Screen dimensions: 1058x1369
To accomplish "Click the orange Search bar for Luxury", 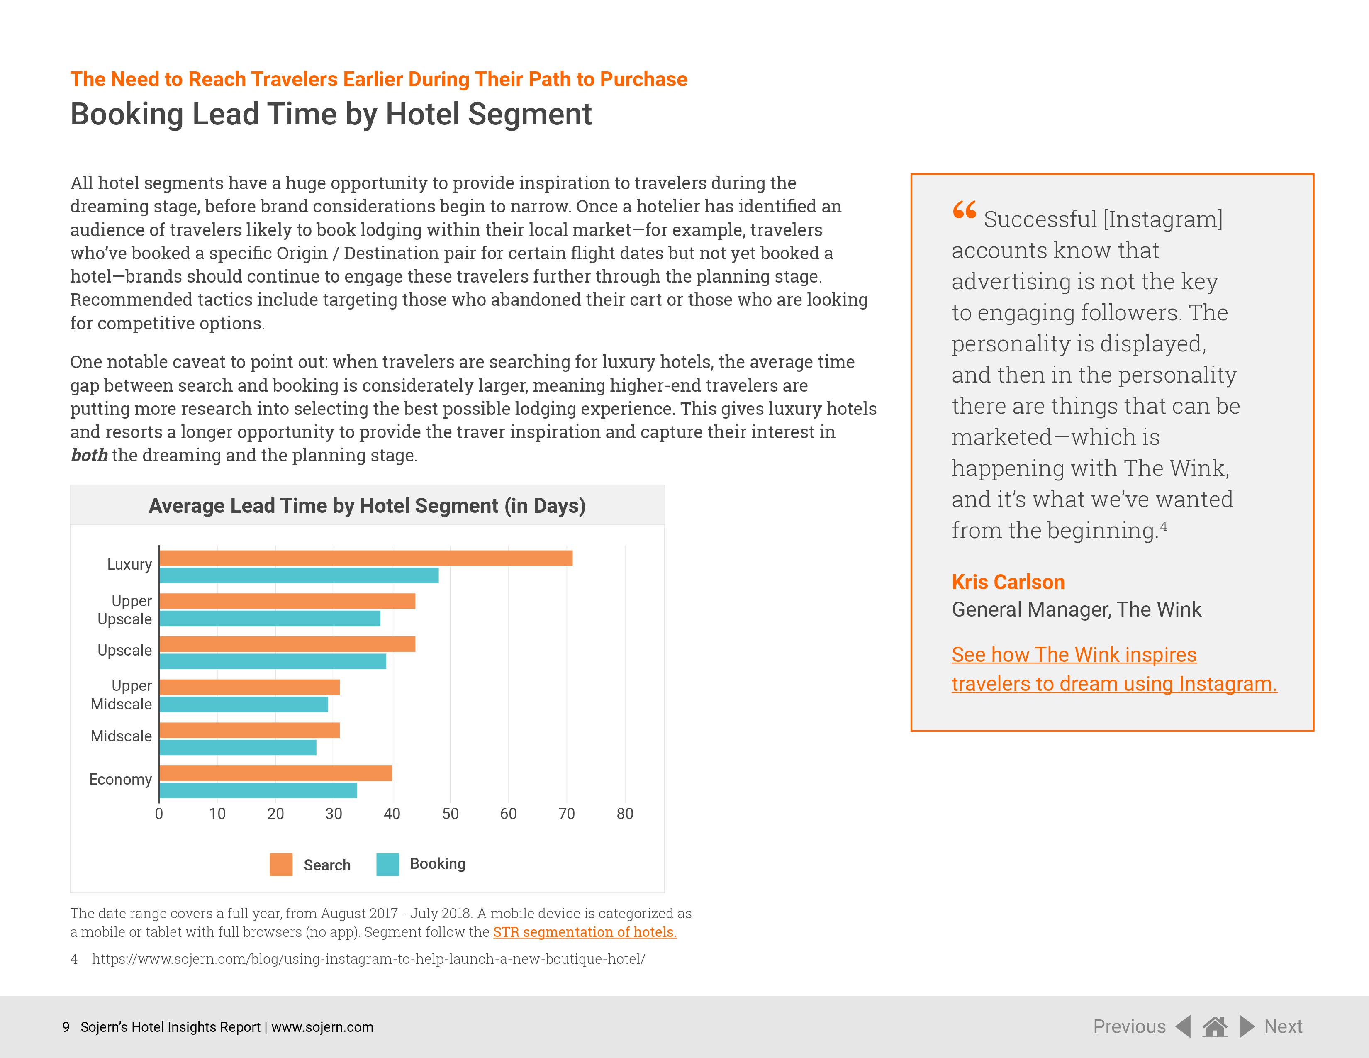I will pyautogui.click(x=366, y=558).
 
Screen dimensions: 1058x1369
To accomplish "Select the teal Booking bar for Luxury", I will pyautogui.click(x=299, y=575).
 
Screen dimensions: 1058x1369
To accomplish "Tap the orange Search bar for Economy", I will pyautogui.click(x=276, y=773).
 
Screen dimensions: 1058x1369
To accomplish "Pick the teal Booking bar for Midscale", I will pyautogui.click(x=238, y=747).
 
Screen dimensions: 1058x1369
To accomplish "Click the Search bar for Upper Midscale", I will pyautogui.click(x=249, y=687).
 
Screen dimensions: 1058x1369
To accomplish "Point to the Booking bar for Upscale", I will pyautogui.click(x=273, y=661).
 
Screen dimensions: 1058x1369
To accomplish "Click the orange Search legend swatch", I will pyautogui.click(x=281, y=864).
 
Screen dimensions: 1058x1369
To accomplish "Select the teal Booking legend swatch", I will pyautogui.click(x=388, y=864).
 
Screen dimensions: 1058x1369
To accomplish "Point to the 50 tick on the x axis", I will pyautogui.click(x=450, y=814).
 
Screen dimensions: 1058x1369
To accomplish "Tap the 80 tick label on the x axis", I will pyautogui.click(x=624, y=814).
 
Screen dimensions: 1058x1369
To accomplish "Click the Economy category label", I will pyautogui.click(x=120, y=779).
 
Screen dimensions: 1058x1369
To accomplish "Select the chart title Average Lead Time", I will pyautogui.click(x=367, y=505).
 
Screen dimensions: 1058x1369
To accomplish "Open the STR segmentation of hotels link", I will pyautogui.click(x=584, y=932).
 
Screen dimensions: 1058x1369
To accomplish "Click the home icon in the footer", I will pyautogui.click(x=1215, y=1026).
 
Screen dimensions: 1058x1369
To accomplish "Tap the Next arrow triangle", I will pyautogui.click(x=1247, y=1026).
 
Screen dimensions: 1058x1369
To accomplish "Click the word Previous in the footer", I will pyautogui.click(x=1129, y=1026).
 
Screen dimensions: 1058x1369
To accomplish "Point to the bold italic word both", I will pyautogui.click(x=89, y=455).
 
